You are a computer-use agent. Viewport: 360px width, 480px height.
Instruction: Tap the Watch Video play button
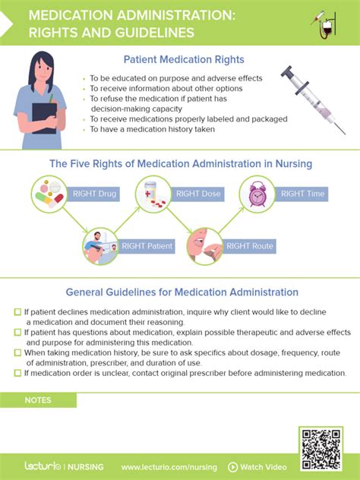[234, 467]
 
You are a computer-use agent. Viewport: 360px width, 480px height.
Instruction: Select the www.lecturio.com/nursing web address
[169, 467]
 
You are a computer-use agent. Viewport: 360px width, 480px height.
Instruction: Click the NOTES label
[38, 400]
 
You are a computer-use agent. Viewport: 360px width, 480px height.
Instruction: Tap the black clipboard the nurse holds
[44, 117]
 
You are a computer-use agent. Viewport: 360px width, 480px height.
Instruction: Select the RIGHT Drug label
[94, 194]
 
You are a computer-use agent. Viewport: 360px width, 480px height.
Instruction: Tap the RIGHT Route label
[250, 246]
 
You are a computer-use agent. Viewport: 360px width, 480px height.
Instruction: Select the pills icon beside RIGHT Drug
[51, 194]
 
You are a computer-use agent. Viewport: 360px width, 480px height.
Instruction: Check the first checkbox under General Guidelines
[18, 312]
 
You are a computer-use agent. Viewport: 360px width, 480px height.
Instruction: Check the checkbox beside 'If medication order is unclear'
[18, 372]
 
